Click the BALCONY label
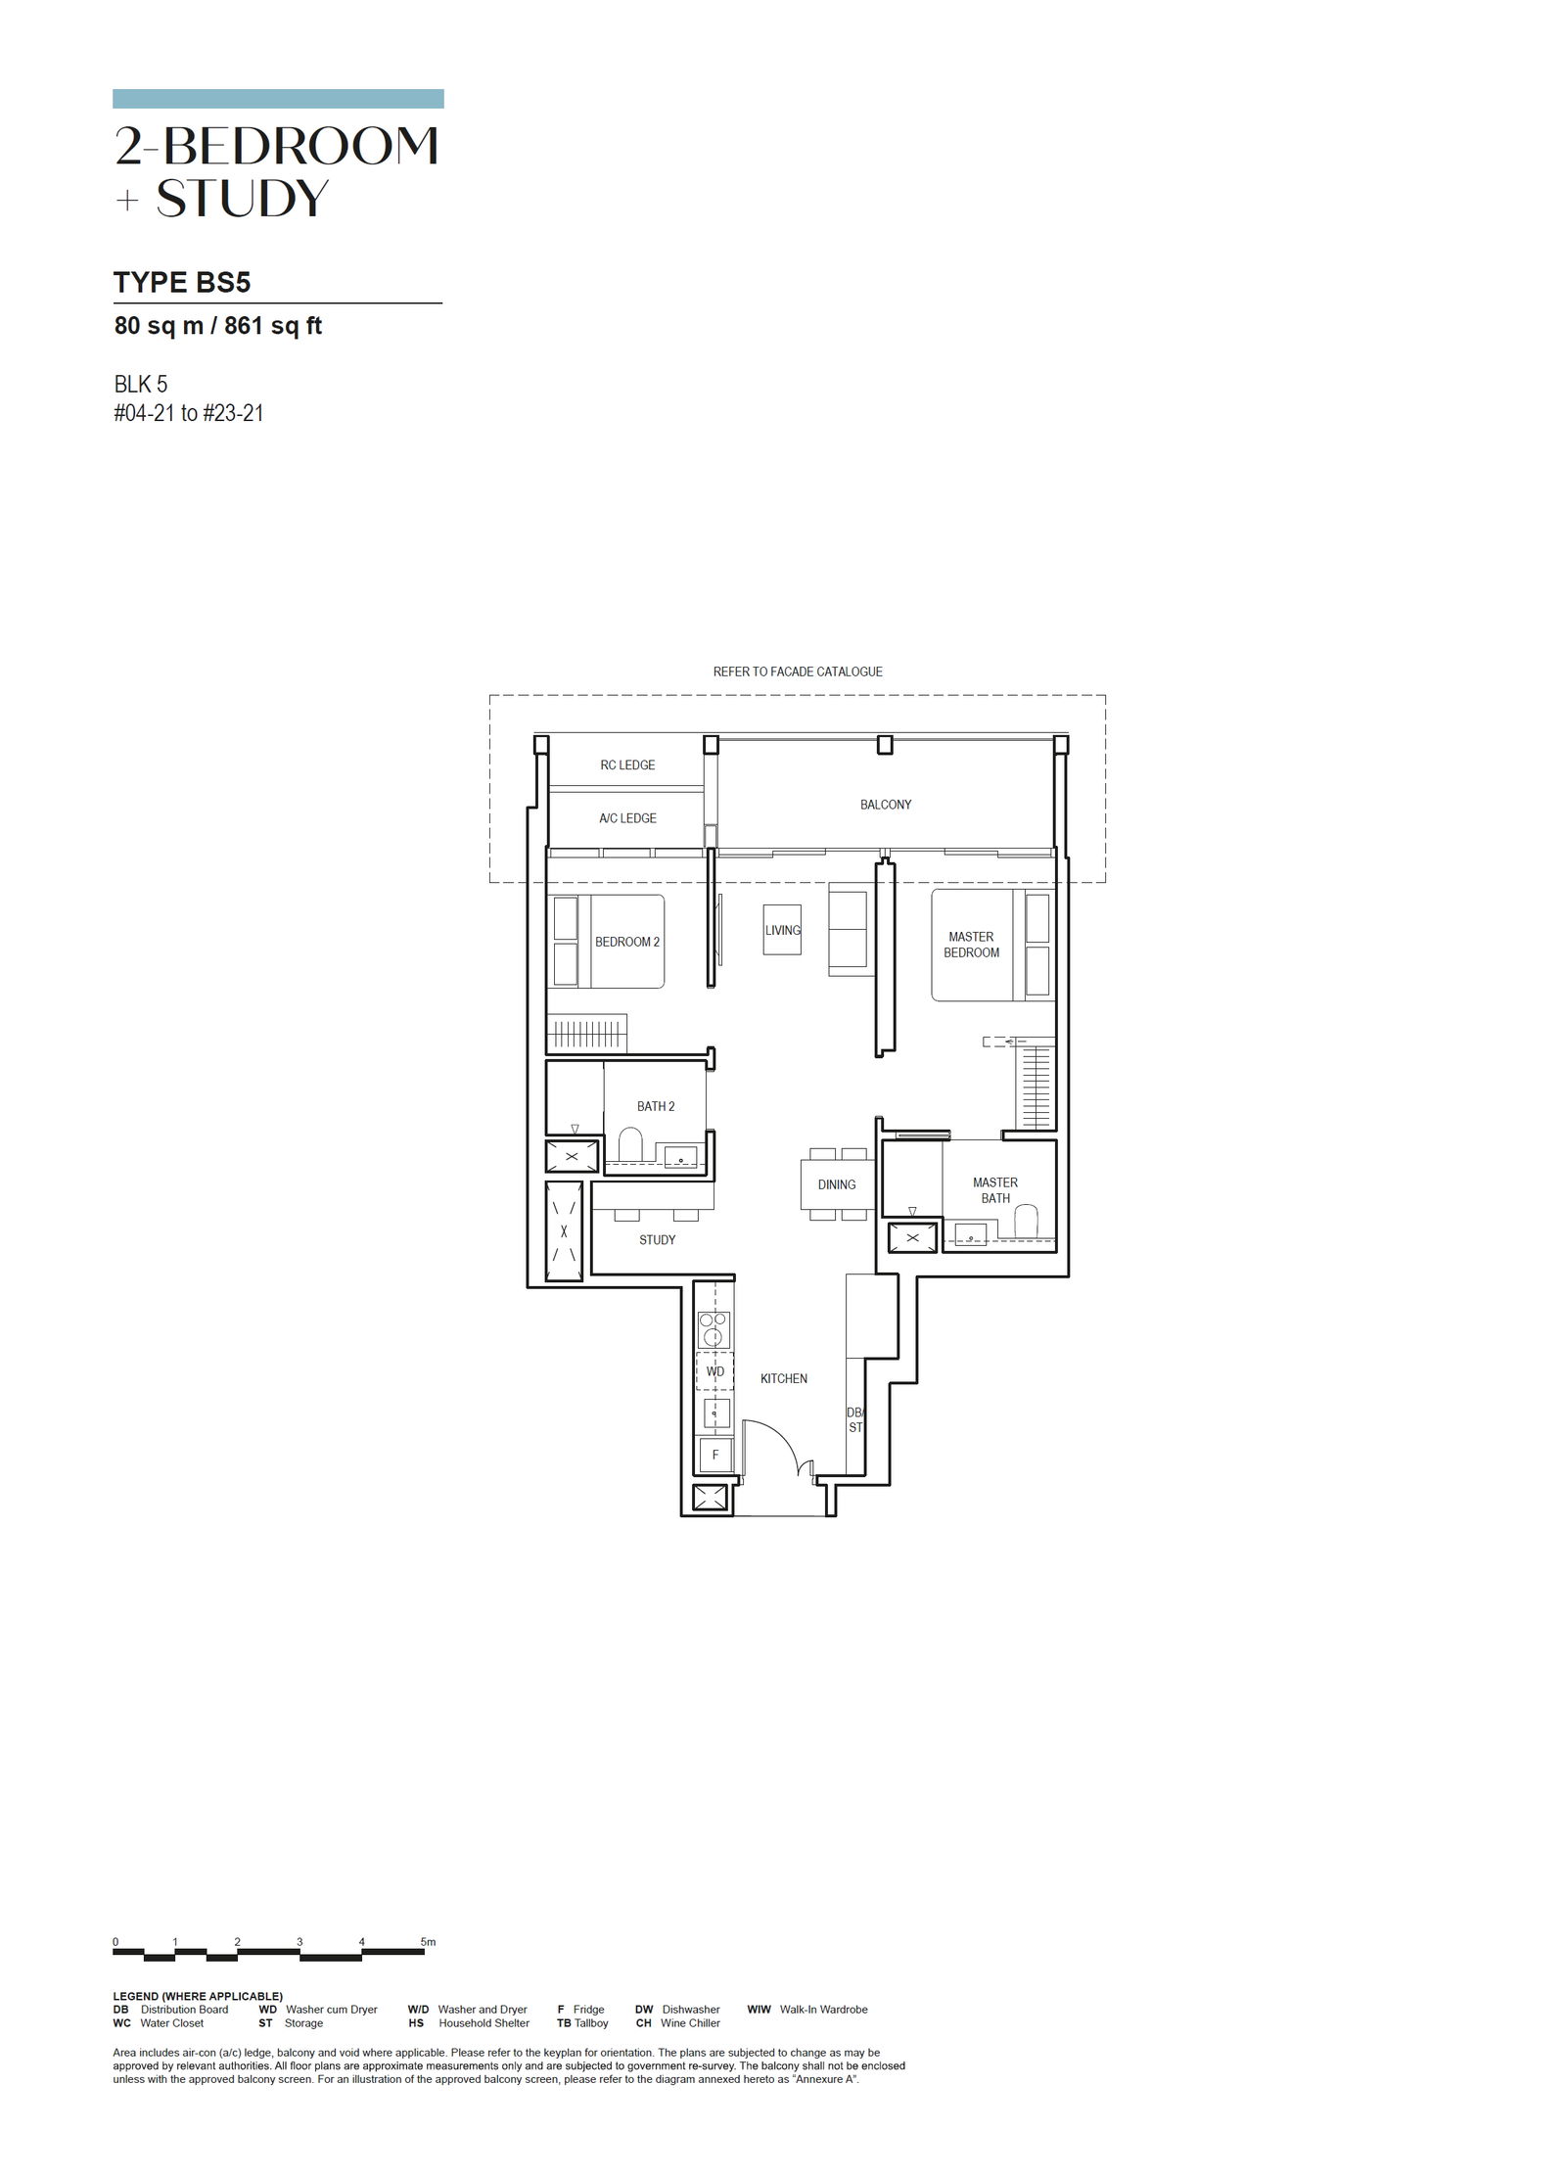pos(885,805)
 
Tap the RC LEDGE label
pos(627,765)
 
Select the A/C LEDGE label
pos(627,818)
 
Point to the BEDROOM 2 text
pos(627,943)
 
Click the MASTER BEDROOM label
pos(971,945)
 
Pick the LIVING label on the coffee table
pos(783,930)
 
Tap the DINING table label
pos(837,1184)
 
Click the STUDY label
pos(657,1240)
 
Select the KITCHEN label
pos(784,1379)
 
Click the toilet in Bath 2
pos(630,1144)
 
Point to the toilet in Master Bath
pos(1026,1222)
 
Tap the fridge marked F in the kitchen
pos(714,1456)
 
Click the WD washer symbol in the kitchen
pos(714,1371)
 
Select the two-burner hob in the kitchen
pos(714,1330)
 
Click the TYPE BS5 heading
pos(182,283)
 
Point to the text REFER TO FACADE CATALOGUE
pos(798,672)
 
